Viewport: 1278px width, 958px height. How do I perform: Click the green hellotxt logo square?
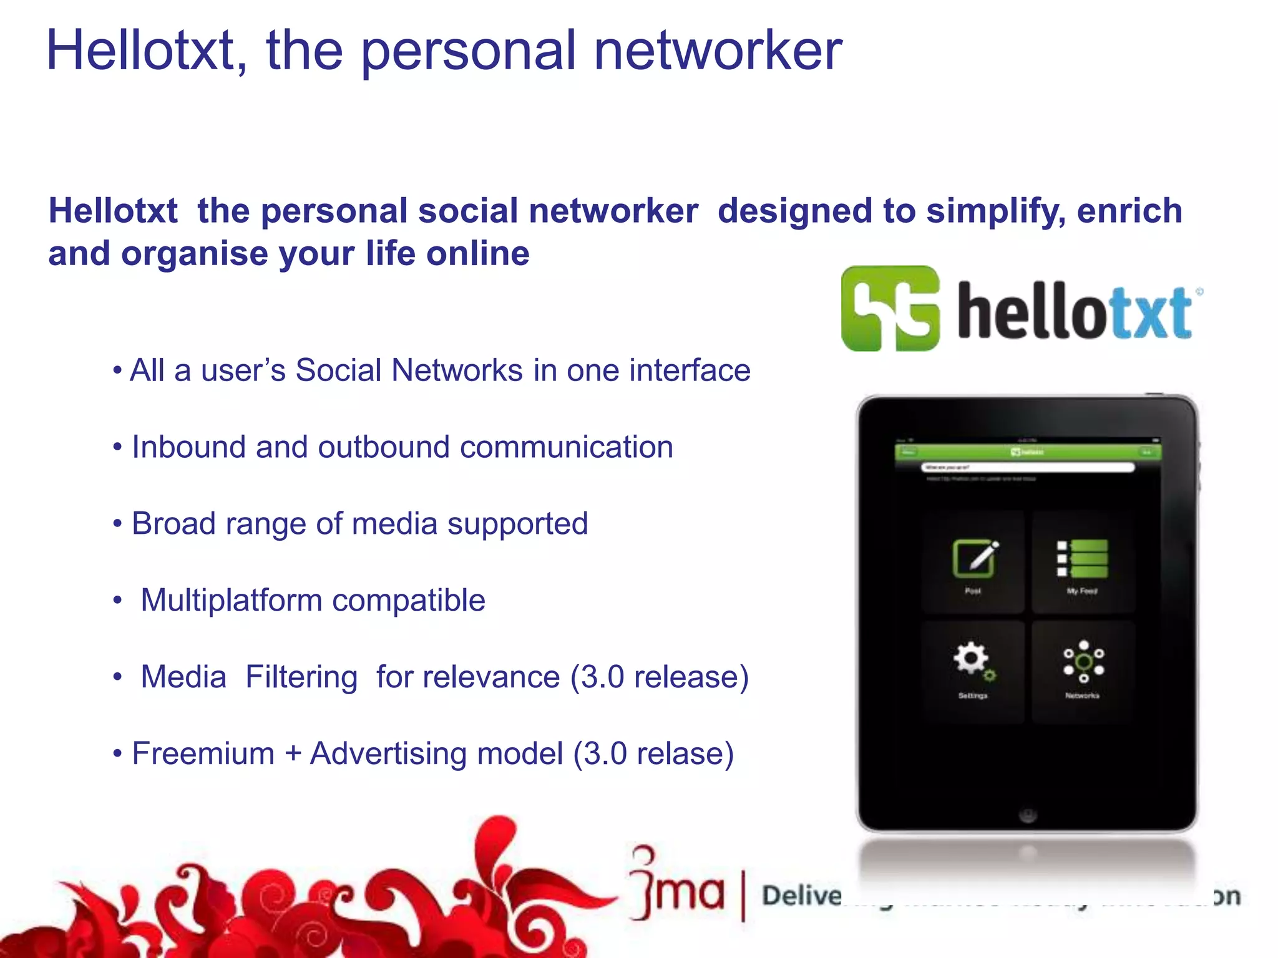[890, 308]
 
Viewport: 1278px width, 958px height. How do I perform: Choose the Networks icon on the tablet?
[1083, 661]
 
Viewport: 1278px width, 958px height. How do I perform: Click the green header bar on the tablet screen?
[1028, 452]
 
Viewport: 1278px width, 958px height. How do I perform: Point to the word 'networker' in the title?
[718, 51]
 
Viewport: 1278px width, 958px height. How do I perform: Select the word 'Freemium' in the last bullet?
[203, 753]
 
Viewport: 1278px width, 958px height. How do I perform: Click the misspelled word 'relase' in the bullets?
[678, 753]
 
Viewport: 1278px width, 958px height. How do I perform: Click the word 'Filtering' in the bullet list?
[301, 677]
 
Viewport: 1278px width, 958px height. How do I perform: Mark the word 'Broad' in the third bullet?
[173, 524]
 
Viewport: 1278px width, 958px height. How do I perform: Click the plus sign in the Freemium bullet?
[293, 753]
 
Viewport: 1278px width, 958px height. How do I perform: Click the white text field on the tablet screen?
[1028, 467]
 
